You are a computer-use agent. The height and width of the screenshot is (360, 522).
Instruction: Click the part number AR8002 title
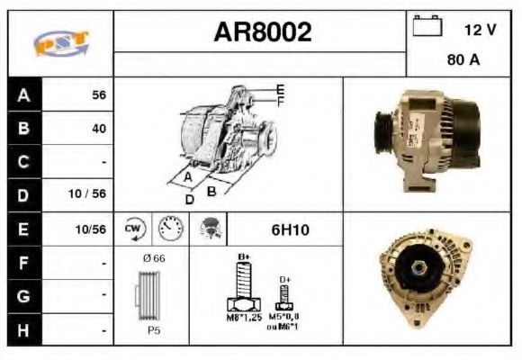tap(262, 33)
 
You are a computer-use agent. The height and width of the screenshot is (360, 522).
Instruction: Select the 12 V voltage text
tap(480, 30)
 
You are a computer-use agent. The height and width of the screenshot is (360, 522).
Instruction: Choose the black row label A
tap(24, 94)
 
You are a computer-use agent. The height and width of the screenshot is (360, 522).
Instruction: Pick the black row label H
tap(24, 329)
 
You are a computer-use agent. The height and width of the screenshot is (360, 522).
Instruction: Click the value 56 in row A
tap(98, 95)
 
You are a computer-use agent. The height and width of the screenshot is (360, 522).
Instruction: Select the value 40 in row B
tap(98, 129)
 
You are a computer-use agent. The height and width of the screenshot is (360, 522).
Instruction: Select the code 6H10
tap(290, 229)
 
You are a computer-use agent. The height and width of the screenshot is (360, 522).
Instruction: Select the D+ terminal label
tap(284, 281)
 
